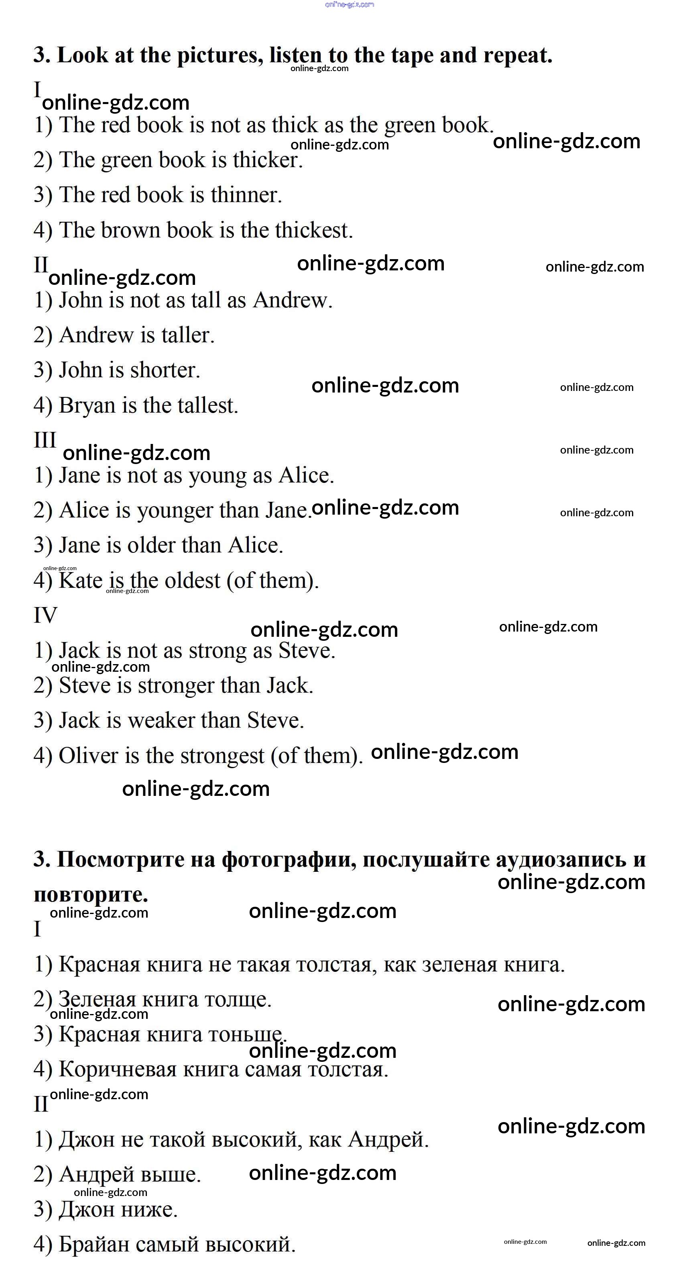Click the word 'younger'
(x=175, y=511)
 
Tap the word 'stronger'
(x=176, y=686)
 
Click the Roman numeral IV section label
(x=45, y=615)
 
